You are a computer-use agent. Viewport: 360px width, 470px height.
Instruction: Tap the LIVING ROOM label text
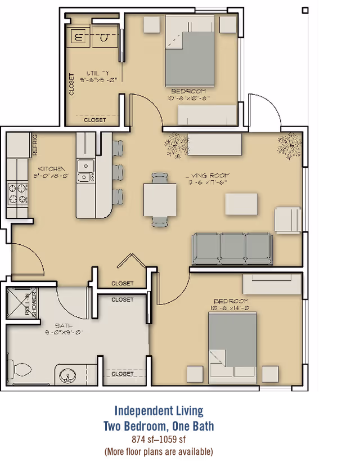(208, 176)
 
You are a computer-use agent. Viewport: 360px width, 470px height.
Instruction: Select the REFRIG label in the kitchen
(35, 144)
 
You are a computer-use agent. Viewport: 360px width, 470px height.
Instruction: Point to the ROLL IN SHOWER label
(30, 305)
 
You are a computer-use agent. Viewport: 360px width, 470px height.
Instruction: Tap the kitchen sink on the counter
(85, 171)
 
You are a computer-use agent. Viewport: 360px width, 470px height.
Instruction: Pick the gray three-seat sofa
(232, 248)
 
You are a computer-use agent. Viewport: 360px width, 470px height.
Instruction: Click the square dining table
(160, 200)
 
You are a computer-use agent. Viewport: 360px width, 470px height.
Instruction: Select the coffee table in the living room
(241, 203)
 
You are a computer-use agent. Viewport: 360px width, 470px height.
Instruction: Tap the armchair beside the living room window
(287, 220)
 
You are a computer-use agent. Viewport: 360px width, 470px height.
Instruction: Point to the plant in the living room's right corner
(290, 144)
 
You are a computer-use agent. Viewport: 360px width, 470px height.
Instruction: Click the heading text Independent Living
(159, 411)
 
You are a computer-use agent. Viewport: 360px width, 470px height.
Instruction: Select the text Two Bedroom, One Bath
(159, 426)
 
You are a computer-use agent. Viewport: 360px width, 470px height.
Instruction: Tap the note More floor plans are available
(159, 451)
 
